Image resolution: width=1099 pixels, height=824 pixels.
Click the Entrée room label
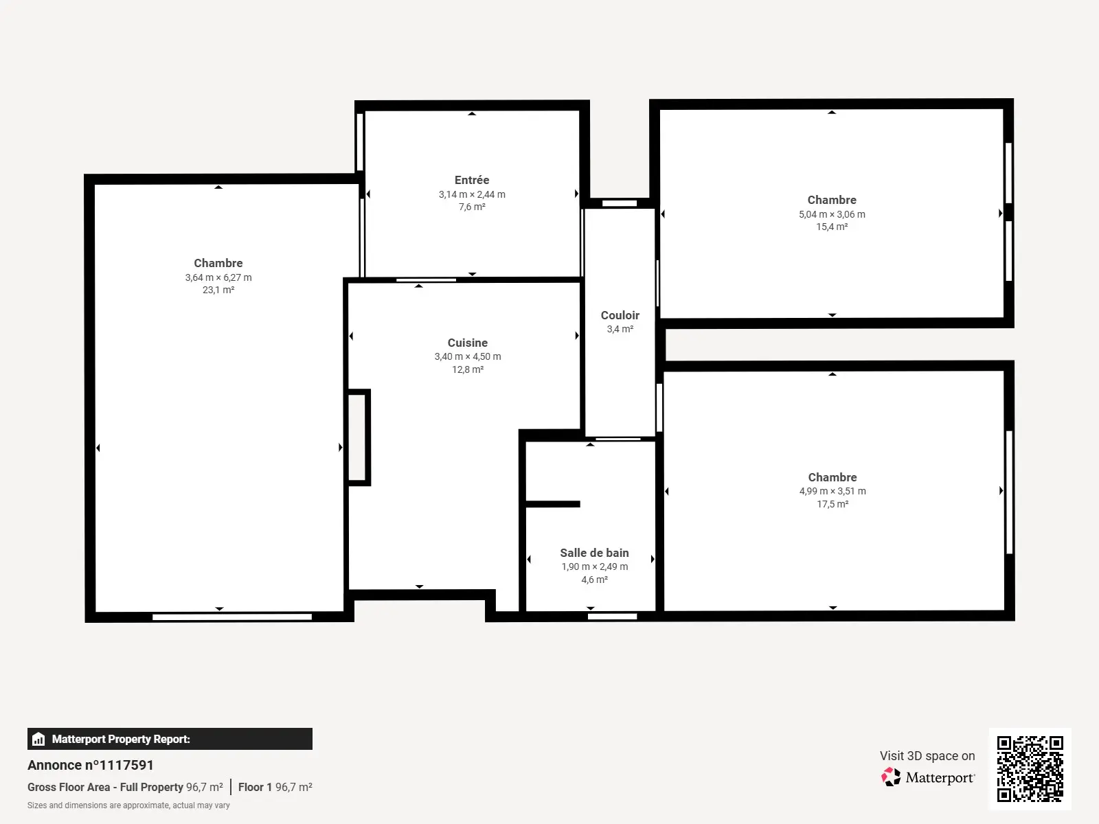pyautogui.click(x=472, y=180)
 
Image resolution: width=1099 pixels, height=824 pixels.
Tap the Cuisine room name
pyautogui.click(x=467, y=343)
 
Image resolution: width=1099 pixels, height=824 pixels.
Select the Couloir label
pyautogui.click(x=620, y=315)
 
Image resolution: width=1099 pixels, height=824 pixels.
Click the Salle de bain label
pyautogui.click(x=594, y=553)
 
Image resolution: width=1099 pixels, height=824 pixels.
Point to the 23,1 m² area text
pyautogui.click(x=218, y=290)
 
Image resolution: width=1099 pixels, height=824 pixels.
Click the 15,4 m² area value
pyautogui.click(x=832, y=227)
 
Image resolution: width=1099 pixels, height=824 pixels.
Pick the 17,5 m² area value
pyautogui.click(x=832, y=504)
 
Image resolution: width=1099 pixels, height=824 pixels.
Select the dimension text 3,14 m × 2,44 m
pyautogui.click(x=472, y=194)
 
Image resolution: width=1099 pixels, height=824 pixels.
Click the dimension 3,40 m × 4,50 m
pyautogui.click(x=467, y=356)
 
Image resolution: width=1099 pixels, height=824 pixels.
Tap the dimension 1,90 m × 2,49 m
pyautogui.click(x=594, y=566)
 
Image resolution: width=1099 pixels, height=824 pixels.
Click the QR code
pyautogui.click(x=1030, y=768)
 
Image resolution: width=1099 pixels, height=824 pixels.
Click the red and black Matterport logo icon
pyautogui.click(x=891, y=777)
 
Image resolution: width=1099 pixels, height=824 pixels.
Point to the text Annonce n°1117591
pyautogui.click(x=91, y=765)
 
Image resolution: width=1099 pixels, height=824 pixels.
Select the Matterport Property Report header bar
pyautogui.click(x=170, y=739)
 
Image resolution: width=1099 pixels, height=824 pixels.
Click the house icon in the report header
pyautogui.click(x=38, y=739)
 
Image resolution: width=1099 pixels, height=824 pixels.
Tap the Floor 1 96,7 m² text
pyautogui.click(x=275, y=787)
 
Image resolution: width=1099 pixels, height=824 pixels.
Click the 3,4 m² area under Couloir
pyautogui.click(x=620, y=329)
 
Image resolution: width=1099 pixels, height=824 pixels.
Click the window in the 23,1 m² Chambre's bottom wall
pyautogui.click(x=231, y=617)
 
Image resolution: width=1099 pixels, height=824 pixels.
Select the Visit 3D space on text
pyautogui.click(x=927, y=755)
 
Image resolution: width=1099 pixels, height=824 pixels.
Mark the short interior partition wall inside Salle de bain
pyautogui.click(x=553, y=504)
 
